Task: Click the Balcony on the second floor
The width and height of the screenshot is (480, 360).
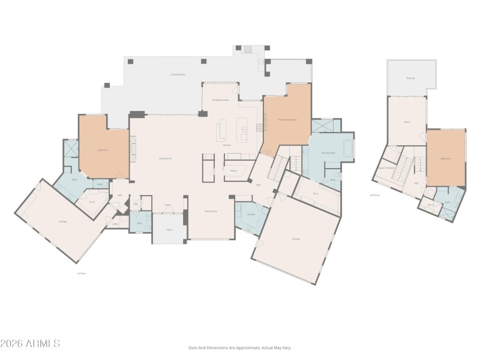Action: [411, 78]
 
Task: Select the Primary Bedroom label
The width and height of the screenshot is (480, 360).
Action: [287, 119]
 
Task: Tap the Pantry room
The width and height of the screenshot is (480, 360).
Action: [233, 170]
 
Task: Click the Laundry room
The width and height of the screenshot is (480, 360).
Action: [251, 214]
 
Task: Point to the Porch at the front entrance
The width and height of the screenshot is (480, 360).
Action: [169, 229]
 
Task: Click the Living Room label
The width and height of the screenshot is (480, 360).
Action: [165, 158]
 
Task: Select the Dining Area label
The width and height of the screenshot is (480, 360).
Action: [211, 211]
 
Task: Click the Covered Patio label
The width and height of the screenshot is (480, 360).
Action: [176, 75]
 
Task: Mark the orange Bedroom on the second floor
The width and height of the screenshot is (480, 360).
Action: [446, 159]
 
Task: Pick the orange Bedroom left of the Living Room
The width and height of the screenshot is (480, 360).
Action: [103, 150]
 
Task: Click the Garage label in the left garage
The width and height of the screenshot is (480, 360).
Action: [62, 221]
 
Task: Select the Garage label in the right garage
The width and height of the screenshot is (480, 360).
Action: [296, 238]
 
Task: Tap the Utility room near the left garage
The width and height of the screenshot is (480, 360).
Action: [115, 224]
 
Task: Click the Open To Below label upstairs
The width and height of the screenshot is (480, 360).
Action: [386, 168]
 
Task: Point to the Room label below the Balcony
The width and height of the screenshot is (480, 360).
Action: [406, 122]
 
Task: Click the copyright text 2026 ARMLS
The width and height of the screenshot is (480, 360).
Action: [30, 344]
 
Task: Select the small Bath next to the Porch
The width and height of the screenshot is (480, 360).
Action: [139, 223]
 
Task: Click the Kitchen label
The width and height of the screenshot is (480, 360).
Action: [227, 145]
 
